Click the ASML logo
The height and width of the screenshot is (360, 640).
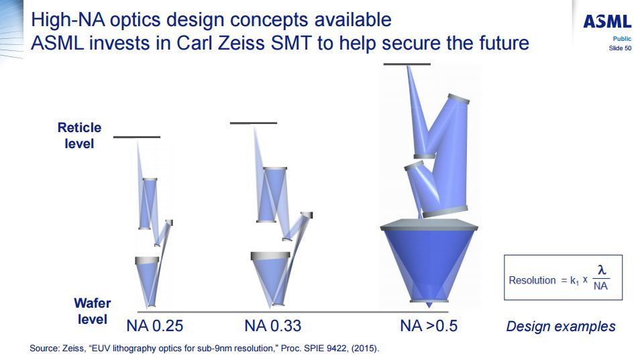pyautogui.click(x=607, y=21)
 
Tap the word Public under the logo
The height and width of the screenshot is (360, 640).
pyautogui.click(x=622, y=39)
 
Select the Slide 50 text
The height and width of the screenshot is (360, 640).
pyautogui.click(x=620, y=48)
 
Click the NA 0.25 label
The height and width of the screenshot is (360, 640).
pyautogui.click(x=155, y=326)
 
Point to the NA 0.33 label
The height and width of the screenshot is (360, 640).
pyautogui.click(x=272, y=326)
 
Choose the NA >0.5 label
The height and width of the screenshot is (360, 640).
pyautogui.click(x=429, y=326)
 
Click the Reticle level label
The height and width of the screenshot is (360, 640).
pyautogui.click(x=79, y=135)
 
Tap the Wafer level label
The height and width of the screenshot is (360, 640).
pyautogui.click(x=93, y=311)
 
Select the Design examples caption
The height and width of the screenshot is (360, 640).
pyautogui.click(x=561, y=326)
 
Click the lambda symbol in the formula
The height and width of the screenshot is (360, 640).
pyautogui.click(x=602, y=269)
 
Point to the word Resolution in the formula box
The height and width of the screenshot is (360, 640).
pyautogui.click(x=532, y=280)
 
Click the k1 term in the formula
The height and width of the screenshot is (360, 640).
pyautogui.click(x=575, y=281)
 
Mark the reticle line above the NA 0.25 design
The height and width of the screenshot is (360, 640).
pyautogui.click(x=137, y=137)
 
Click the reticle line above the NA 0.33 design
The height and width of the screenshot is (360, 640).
pyautogui.click(x=254, y=123)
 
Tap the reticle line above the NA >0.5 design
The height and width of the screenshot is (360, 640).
pyautogui.click(x=407, y=64)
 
